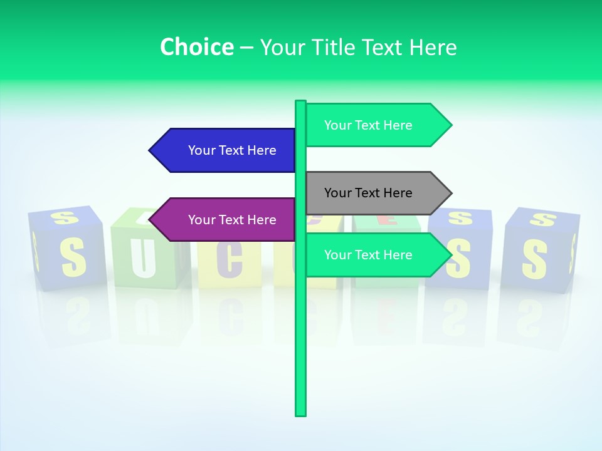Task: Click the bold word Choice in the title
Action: click(x=196, y=47)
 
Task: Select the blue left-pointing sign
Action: click(x=226, y=150)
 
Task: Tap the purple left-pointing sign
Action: click(x=226, y=220)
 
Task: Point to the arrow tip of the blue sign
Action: click(x=151, y=150)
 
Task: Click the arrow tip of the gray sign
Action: click(x=450, y=193)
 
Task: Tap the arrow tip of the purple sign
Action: click(x=151, y=220)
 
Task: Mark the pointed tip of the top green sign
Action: click(x=450, y=125)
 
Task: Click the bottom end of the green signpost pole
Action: click(x=301, y=413)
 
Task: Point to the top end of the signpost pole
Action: click(x=301, y=102)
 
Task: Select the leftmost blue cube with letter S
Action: click(x=67, y=249)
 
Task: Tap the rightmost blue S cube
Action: click(x=539, y=251)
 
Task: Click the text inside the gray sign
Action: click(x=368, y=193)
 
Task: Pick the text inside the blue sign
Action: click(x=232, y=150)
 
